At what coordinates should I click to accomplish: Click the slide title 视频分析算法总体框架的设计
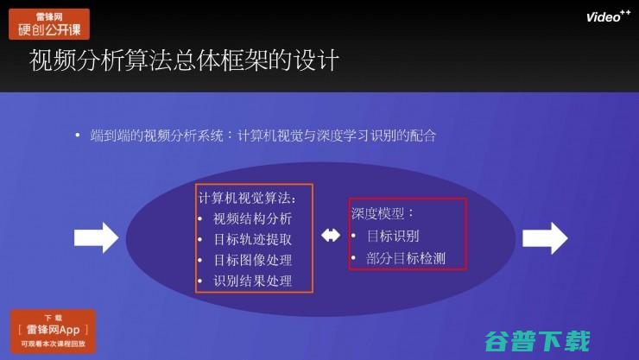tap(183, 62)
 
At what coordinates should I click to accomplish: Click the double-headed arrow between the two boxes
tap(330, 236)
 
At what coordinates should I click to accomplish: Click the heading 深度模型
tap(383, 212)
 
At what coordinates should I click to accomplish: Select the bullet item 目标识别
tap(390, 235)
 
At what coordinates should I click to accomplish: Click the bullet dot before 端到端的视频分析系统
tap(78, 136)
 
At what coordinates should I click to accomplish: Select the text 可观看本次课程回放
tap(53, 346)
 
